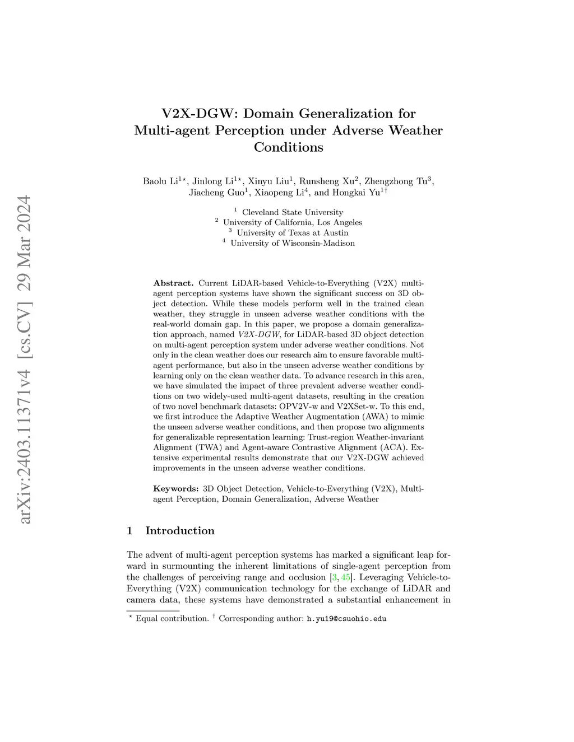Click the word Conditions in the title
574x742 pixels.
tap(288, 147)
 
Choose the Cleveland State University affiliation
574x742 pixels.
tap(292, 212)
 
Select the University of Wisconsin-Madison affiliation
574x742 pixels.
tap(292, 243)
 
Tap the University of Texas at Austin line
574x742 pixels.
tap(292, 233)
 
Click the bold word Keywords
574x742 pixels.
tap(175, 489)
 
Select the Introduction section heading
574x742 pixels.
tap(179, 531)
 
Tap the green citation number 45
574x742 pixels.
tap(346, 577)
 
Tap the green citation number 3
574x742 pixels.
tap(335, 577)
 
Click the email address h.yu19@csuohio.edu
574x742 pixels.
tap(346, 619)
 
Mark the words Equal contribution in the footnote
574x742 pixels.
tap(172, 619)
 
